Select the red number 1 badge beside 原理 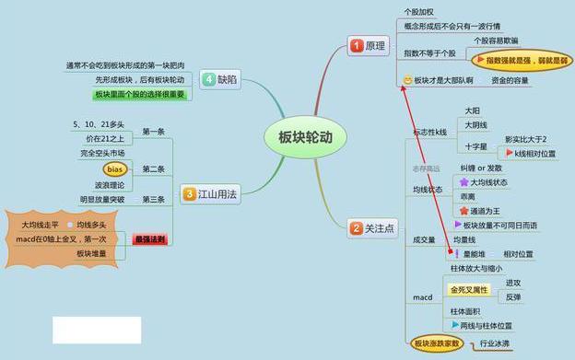356,44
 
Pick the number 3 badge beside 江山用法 189,194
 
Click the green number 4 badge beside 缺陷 209,79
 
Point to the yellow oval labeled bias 114,169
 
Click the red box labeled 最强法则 149,238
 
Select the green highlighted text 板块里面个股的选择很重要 139,95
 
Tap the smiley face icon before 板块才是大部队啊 407,81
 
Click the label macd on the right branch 421,297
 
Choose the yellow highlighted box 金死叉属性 467,289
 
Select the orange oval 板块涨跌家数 438,344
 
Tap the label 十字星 475,146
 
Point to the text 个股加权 419,12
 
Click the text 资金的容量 510,81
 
